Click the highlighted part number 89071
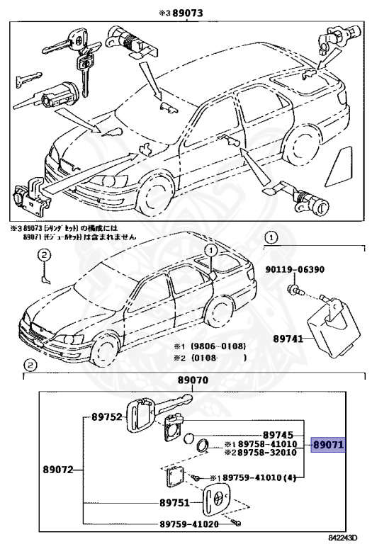tap(328, 445)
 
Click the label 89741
tap(288, 339)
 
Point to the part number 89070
tap(192, 380)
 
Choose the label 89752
tap(106, 417)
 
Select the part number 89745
tap(278, 434)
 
